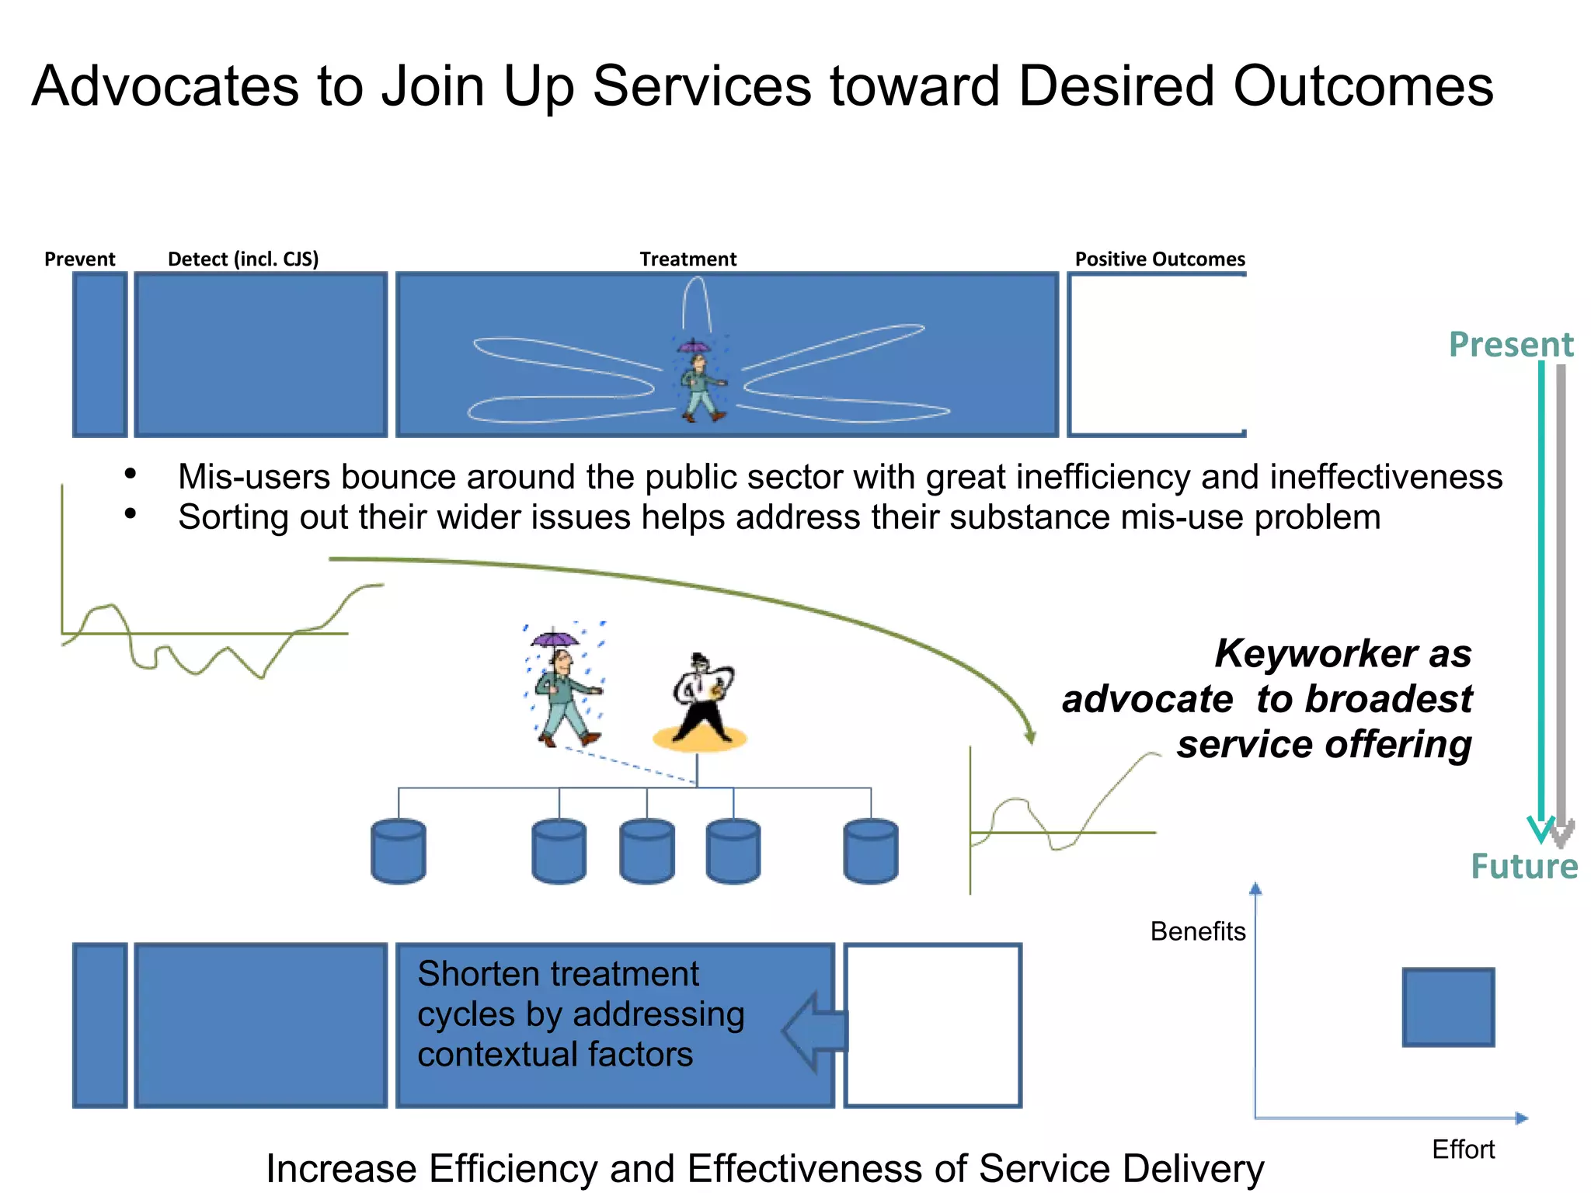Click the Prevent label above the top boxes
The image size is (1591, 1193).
(x=79, y=259)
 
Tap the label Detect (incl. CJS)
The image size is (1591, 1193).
(x=243, y=259)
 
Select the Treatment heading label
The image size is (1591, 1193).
(x=688, y=259)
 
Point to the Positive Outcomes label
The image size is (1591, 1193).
(x=1159, y=259)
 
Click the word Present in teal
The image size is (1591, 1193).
(x=1510, y=344)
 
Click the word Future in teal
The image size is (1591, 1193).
(x=1523, y=866)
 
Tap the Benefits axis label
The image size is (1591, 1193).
(x=1197, y=930)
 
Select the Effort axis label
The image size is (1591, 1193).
(x=1463, y=1149)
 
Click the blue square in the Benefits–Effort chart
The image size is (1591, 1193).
(x=1448, y=1007)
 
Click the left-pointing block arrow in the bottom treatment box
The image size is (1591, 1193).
(x=814, y=1031)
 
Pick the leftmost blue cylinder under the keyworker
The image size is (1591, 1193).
(x=399, y=851)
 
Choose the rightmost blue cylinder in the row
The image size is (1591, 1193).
(x=870, y=851)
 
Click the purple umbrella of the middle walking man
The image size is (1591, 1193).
(x=555, y=639)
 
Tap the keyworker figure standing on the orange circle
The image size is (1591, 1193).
(x=702, y=699)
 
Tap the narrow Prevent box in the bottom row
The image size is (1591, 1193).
(x=100, y=1025)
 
